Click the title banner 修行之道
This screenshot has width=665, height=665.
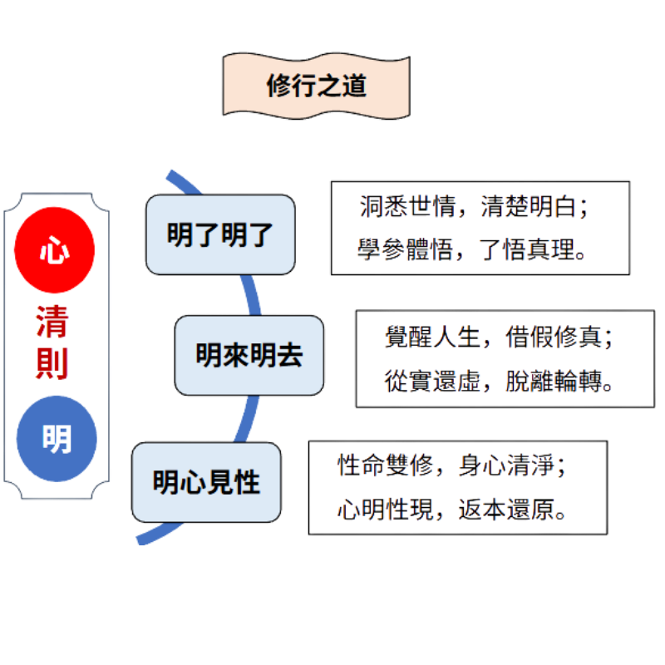pyautogui.click(x=316, y=86)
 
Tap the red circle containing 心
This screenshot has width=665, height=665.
pyautogui.click(x=56, y=252)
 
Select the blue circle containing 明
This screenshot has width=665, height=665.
pyautogui.click(x=56, y=439)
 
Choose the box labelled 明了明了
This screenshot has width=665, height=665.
pyautogui.click(x=220, y=235)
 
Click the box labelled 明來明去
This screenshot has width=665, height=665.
pyautogui.click(x=249, y=356)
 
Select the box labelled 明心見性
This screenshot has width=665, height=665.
pyautogui.click(x=207, y=482)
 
